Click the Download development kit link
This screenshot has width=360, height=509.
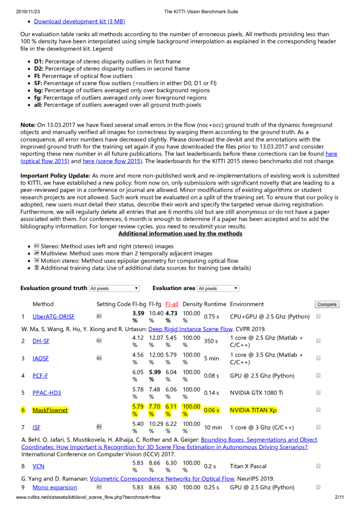79,21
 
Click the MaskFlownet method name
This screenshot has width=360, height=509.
49,410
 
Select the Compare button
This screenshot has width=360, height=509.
326,304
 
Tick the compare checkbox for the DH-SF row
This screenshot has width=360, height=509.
318,340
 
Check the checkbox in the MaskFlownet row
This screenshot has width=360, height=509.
318,410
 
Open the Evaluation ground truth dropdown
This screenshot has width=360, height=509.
114,288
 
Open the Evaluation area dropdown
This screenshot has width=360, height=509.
218,288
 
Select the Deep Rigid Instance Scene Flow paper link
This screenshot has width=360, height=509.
190,329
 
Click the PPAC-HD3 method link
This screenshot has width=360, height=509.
46,392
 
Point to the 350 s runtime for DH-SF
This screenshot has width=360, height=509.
211,340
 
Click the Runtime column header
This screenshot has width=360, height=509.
215,304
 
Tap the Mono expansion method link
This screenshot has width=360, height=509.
55,488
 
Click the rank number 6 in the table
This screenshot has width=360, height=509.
23,410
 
